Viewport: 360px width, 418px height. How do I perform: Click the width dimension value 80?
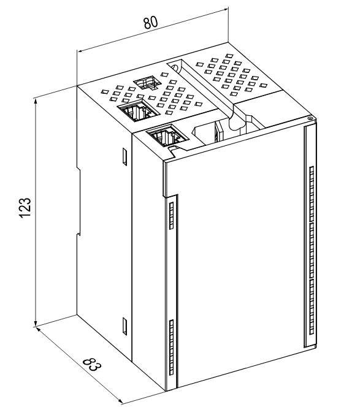point(151,23)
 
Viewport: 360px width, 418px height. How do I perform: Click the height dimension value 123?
point(26,208)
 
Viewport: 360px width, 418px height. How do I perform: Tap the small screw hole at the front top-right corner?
point(310,118)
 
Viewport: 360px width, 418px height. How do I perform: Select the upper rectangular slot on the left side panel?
point(124,156)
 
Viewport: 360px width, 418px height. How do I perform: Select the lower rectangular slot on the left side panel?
point(124,326)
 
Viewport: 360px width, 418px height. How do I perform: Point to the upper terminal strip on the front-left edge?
point(172,215)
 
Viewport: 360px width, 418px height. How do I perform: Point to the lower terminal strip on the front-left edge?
point(172,347)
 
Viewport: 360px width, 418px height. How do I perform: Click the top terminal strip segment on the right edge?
point(312,194)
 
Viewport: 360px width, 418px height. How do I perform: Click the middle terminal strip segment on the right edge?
point(312,251)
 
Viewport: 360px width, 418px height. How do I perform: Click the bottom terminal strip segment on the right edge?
point(312,307)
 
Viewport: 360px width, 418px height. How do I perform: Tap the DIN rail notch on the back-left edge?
point(79,201)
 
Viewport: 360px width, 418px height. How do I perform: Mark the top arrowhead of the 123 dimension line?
point(35,101)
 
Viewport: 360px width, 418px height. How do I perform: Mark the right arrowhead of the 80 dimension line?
point(226,10)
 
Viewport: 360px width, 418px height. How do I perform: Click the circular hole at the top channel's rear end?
point(175,67)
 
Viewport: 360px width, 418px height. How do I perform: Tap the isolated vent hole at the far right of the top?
point(264,85)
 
